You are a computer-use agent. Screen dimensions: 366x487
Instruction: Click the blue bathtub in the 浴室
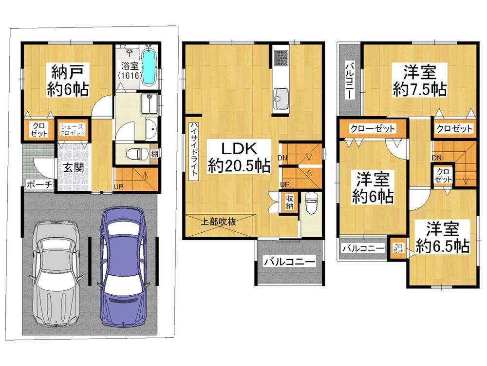pos(150,67)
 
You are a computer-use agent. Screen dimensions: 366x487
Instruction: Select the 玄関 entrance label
pos(73,167)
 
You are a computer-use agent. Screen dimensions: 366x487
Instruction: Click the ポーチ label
pos(37,185)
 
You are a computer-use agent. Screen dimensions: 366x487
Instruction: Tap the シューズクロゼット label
pos(73,130)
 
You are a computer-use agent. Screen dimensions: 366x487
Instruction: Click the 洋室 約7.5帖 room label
pos(418,81)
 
